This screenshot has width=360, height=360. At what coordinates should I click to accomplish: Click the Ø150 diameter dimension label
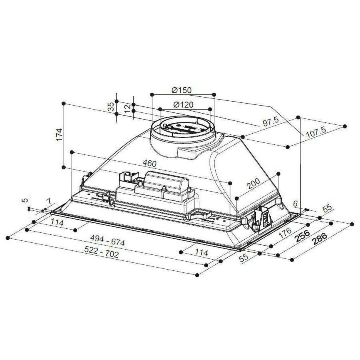click(182, 90)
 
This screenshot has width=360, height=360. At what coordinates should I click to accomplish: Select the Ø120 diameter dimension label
click(184, 105)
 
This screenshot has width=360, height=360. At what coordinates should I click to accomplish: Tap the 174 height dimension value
click(59, 135)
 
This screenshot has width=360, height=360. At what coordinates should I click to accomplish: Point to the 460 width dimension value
click(150, 164)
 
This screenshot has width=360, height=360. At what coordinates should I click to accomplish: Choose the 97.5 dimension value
click(270, 122)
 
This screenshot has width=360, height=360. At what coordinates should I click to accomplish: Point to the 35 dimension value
click(111, 106)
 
